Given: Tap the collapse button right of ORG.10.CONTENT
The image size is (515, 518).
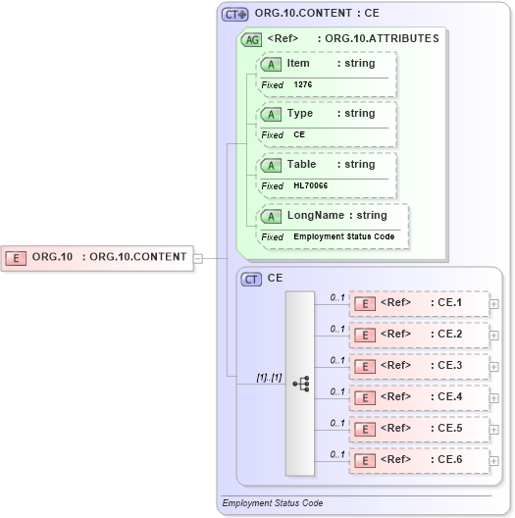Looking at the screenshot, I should (x=198, y=258).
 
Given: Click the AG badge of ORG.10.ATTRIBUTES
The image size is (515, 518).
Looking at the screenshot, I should (x=252, y=39).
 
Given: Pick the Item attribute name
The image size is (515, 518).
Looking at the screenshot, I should (x=298, y=63).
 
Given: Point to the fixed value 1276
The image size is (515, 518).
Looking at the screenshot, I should (x=304, y=85).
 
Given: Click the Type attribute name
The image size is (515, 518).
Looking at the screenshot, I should (x=299, y=114).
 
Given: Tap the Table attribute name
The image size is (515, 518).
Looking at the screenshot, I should (x=301, y=165).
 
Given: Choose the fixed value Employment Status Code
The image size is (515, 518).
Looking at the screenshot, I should (x=345, y=237).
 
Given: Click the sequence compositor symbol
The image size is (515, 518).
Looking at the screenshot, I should (x=300, y=383).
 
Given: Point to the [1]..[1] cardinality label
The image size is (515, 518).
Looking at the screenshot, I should (x=269, y=377).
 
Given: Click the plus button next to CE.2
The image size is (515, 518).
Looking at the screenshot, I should (x=494, y=335).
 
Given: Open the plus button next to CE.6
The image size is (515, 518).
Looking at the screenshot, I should (x=494, y=460).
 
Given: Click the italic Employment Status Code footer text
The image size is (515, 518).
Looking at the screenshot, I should (x=273, y=503).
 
